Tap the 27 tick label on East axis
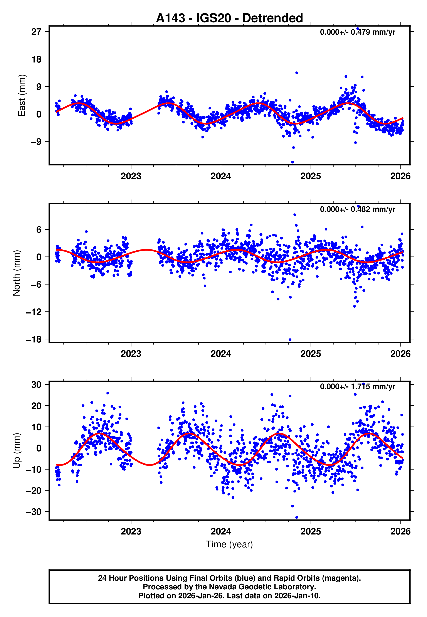36,32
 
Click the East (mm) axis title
21,95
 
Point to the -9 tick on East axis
36,142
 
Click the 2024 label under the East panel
221,176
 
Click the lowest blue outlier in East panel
293,162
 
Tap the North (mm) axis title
16,273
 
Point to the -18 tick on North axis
34,339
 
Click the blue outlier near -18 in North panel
290,340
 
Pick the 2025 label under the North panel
310,354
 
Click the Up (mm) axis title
16,451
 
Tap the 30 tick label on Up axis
36,384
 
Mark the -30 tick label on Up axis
34,512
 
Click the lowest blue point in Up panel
296,517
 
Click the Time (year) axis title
229,544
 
